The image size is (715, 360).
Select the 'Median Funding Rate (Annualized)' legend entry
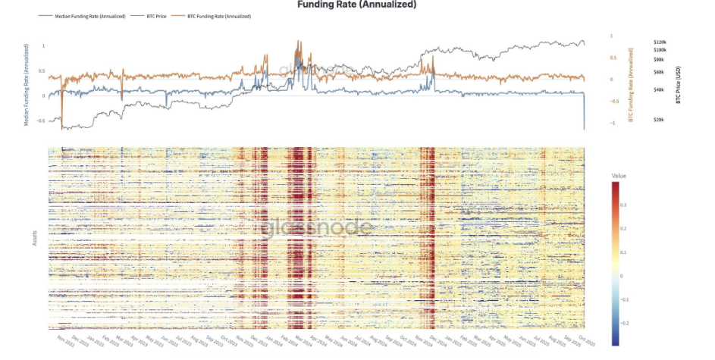(89, 16)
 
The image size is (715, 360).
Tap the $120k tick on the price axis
(659, 42)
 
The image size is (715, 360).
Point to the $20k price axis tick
(658, 120)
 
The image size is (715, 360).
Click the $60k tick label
(658, 72)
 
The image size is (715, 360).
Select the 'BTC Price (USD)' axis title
(678, 83)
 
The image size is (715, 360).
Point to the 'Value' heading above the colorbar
(618, 175)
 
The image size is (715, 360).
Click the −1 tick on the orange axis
(614, 123)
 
